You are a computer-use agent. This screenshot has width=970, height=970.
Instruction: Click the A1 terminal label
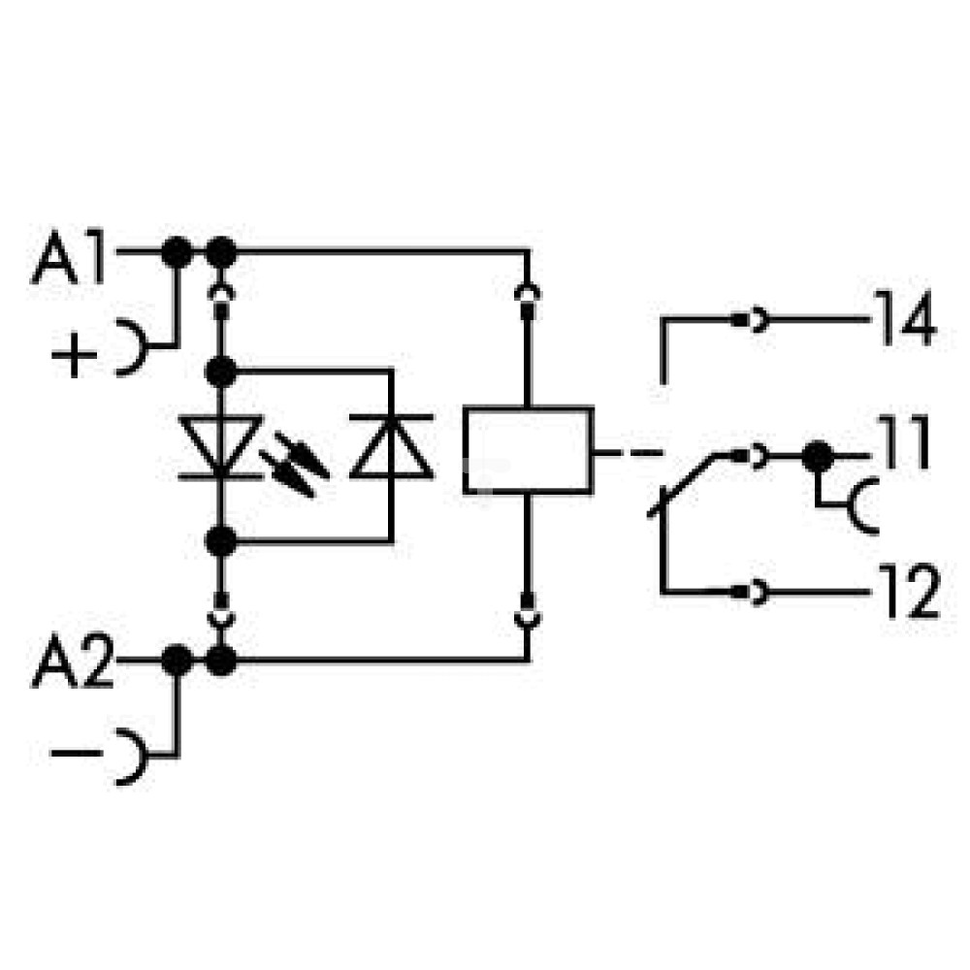tap(69, 257)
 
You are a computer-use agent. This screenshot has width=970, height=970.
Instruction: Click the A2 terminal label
tap(73, 660)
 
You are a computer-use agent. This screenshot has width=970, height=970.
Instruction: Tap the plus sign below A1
tap(75, 354)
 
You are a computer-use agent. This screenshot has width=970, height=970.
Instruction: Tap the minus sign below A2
tap(77, 753)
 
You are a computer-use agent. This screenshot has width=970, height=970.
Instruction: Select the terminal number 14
tap(904, 317)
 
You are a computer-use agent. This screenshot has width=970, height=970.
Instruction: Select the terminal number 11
tap(904, 441)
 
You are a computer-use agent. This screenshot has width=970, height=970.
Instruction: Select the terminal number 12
tap(908, 591)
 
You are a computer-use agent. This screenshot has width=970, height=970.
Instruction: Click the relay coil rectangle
tap(529, 450)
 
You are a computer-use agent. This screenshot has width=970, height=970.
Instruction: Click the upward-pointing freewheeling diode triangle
tap(391, 446)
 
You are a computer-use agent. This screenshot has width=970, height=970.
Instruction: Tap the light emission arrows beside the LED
tap(295, 464)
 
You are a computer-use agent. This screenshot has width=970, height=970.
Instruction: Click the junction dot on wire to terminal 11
tap(818, 457)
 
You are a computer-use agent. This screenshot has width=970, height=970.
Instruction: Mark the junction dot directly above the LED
tap(221, 372)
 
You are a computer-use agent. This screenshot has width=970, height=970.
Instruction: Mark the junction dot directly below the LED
tap(221, 542)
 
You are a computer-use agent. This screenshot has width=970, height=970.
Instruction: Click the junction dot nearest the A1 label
tap(177, 252)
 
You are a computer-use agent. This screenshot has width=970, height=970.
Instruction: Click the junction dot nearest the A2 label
tap(177, 660)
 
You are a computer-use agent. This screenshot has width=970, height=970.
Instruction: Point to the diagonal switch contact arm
tap(682, 485)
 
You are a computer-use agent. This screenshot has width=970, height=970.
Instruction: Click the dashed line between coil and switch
tap(628, 453)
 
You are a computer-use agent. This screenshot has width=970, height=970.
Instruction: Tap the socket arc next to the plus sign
tap(132, 347)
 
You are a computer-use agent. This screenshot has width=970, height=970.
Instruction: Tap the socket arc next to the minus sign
tap(132, 757)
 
